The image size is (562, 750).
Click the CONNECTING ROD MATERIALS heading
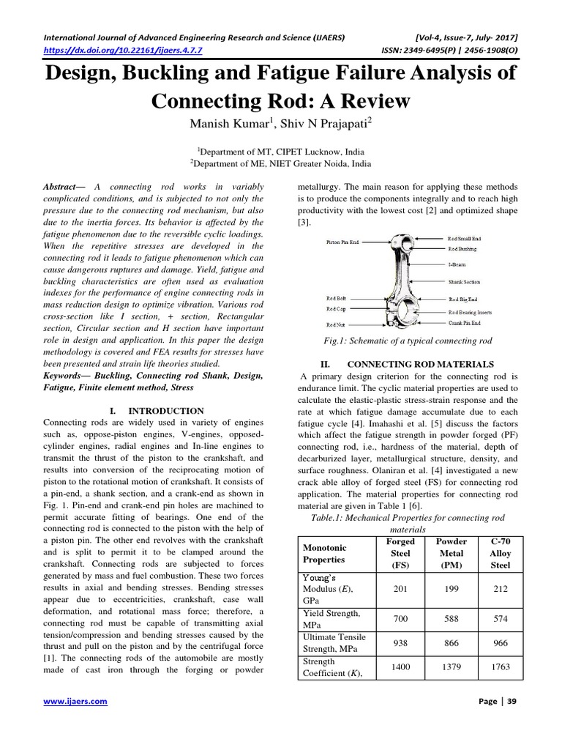coord(420,364)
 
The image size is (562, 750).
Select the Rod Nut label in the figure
coord(336,324)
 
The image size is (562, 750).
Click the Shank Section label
coord(465,281)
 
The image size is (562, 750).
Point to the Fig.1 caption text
coord(408,341)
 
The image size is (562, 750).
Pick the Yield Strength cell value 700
coord(400,618)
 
